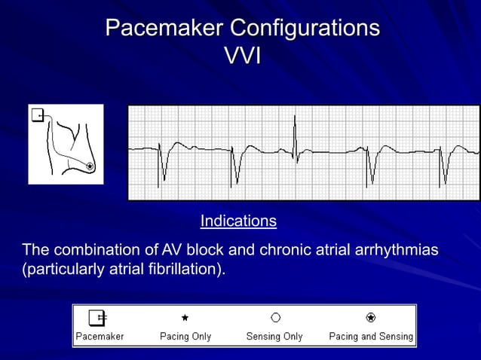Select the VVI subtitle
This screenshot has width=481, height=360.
243,55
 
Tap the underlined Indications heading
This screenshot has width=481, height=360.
238,221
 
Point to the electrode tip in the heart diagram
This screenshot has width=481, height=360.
90,166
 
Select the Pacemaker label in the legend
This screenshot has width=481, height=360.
100,336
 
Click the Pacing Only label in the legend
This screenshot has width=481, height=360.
185,336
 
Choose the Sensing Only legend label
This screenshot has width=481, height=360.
274,336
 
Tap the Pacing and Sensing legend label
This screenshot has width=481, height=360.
371,336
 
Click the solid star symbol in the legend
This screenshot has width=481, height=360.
185,318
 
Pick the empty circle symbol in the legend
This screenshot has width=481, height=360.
276,318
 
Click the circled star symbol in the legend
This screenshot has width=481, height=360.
371,318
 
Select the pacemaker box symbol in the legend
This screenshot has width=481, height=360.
97,317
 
